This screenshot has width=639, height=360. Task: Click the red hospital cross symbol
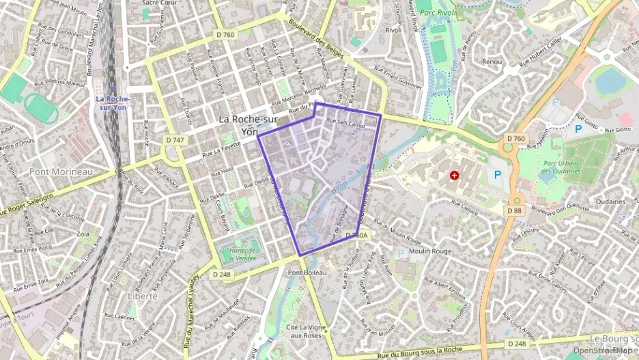454,176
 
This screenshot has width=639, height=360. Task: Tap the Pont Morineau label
61,171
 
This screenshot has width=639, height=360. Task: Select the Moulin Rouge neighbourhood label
430,251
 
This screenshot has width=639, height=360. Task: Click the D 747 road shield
175,139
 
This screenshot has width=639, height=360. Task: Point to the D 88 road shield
514,210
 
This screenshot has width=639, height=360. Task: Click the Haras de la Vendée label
238,254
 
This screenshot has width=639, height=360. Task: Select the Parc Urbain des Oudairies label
560,167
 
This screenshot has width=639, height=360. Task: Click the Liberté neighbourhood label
142,296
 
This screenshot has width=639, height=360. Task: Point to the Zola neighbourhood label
83,234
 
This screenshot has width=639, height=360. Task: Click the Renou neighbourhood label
492,61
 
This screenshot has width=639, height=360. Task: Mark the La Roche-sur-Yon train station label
112,102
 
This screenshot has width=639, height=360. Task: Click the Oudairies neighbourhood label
610,202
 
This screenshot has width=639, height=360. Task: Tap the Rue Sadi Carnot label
345,124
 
